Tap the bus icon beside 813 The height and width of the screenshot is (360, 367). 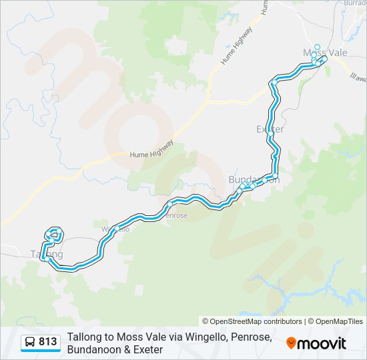coord(30,342)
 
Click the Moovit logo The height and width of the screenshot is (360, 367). coord(316,343)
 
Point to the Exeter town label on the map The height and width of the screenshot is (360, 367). coord(270,129)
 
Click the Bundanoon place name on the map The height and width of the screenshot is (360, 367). coord(249,180)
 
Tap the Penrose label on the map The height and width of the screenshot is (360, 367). coord(176,215)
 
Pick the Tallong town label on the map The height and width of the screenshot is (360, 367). coord(47,254)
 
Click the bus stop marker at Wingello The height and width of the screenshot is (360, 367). coord(117,228)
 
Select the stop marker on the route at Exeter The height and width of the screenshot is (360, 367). coord(270,133)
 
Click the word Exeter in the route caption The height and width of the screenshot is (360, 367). coord(147,349)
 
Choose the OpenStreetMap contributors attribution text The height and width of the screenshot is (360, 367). coord(252,321)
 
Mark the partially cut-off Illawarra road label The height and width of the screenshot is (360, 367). coord(358,77)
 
